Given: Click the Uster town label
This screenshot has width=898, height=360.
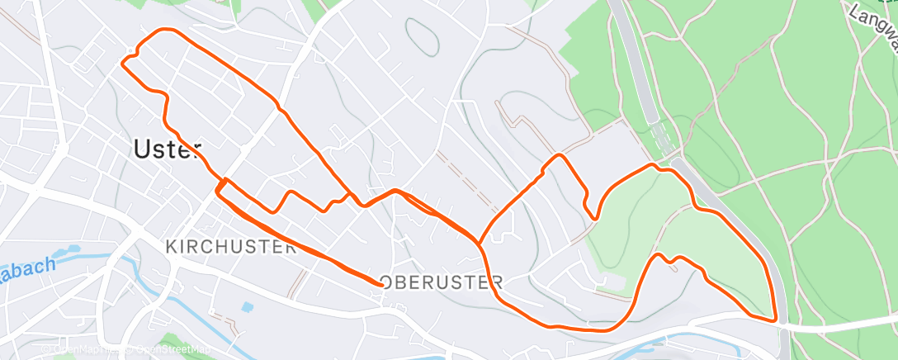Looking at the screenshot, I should point(168,149).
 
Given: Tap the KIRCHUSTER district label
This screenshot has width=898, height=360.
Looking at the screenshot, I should point(230,247).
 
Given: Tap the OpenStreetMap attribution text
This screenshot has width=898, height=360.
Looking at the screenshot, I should point(165,350).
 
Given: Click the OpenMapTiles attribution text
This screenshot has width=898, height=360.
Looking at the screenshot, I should point(82,350).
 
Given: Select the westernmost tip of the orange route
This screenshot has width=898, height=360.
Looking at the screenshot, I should point(124,62).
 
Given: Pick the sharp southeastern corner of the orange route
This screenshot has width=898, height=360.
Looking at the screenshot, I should point(775,320).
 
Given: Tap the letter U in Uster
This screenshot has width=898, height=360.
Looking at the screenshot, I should point(143,149).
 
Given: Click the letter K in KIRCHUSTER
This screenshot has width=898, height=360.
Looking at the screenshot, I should point(171,247).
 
